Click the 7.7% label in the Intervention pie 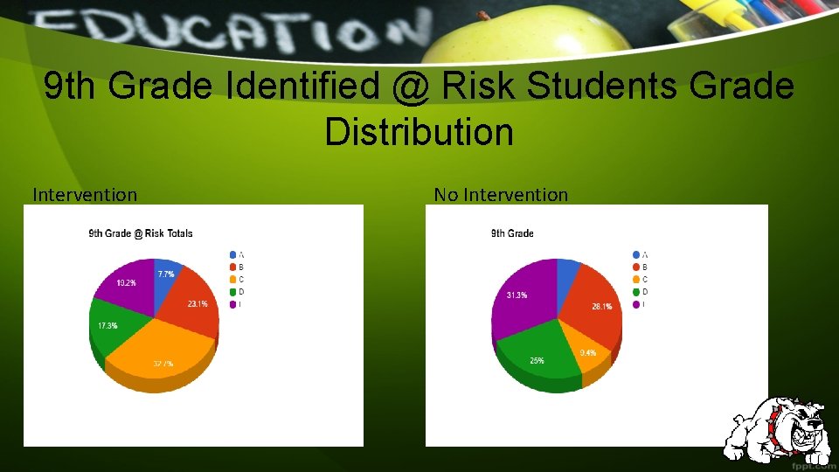165,274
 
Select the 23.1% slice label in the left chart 197,303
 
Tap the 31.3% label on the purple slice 517,295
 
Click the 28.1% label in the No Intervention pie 601,307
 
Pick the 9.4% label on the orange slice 588,353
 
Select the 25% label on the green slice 536,359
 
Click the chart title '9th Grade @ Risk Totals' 141,233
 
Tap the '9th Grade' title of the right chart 512,233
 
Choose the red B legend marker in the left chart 232,267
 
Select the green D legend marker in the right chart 634,292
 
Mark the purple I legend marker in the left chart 232,304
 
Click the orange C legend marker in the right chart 634,279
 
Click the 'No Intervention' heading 501,195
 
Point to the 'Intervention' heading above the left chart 85,195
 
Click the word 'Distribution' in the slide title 419,132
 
